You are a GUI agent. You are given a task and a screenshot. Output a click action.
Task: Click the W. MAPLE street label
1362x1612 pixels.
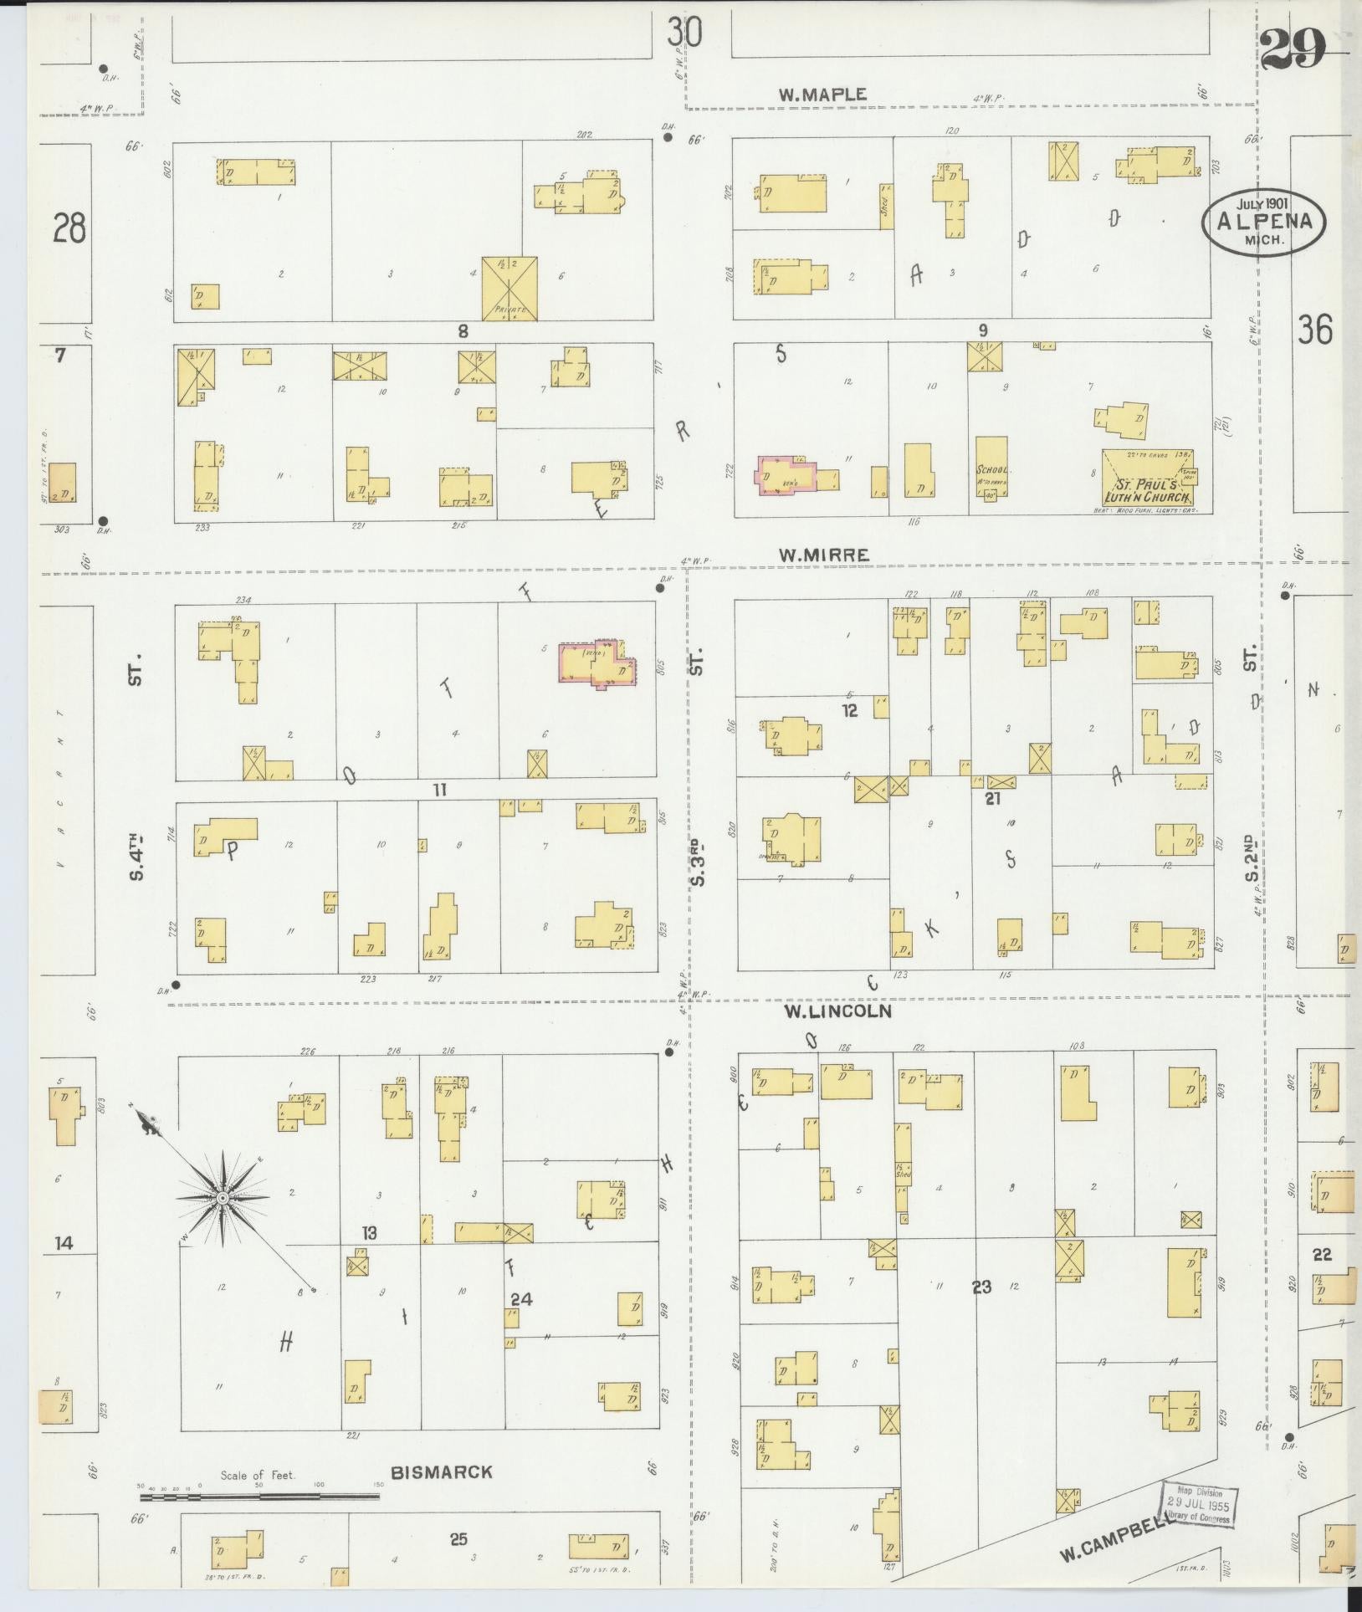tap(822, 95)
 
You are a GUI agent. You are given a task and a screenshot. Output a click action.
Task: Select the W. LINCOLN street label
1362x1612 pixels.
tap(837, 1011)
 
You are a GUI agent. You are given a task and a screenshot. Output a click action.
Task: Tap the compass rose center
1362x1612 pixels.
tap(223, 1199)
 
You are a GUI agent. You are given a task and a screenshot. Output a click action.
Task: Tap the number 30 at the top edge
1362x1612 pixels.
tap(684, 33)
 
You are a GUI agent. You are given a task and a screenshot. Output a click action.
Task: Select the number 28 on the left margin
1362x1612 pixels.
tap(69, 227)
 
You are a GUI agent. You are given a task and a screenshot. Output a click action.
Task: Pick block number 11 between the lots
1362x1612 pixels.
tap(441, 789)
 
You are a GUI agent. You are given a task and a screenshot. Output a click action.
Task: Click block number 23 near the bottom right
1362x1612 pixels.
tap(981, 1287)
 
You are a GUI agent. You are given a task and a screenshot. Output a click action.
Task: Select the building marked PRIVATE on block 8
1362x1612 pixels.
tap(509, 288)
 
